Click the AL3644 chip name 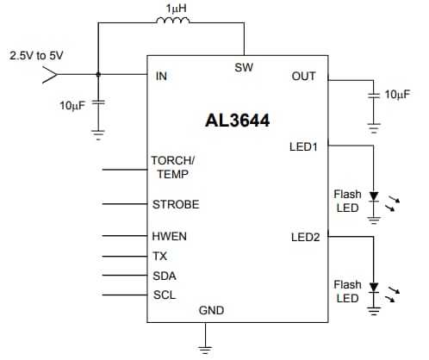coord(236,121)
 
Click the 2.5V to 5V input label coord(36,55)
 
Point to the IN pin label coord(161,76)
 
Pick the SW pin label coord(243,67)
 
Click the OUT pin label coord(304,76)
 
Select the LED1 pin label coord(304,147)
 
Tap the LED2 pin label coord(304,237)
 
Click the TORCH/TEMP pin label coord(173,167)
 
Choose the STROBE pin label coord(175,204)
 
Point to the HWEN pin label coord(169,236)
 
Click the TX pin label coord(159,257)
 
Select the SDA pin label coord(164,276)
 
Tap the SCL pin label coord(164,295)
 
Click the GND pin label coord(211,309)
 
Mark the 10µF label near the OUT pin coord(397,93)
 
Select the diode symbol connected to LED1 coord(373,197)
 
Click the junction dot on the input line coord(97,75)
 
